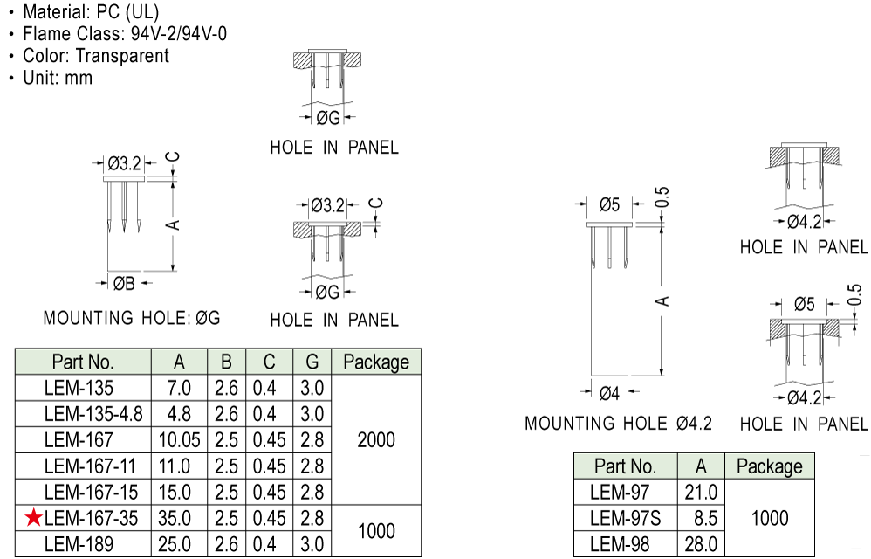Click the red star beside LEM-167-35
[33, 518]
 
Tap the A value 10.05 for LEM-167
[179, 439]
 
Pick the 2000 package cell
[376, 439]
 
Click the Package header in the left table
[376, 362]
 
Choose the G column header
[312, 362]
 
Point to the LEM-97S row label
[625, 519]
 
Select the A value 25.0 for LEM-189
[179, 545]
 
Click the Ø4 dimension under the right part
[609, 393]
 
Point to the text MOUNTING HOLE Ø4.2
[618, 424]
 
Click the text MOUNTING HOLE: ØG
[132, 318]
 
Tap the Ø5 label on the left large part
[609, 205]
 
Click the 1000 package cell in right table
[769, 519]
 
